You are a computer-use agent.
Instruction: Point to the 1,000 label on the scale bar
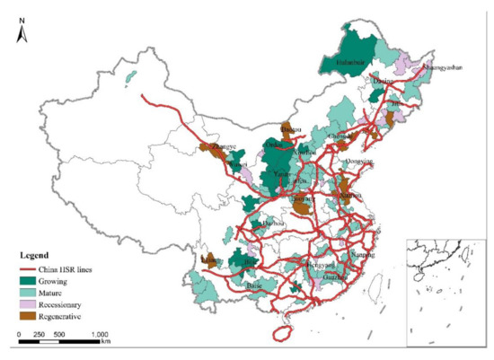(x=100, y=334)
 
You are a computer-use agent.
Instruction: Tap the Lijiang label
(x=208, y=260)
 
